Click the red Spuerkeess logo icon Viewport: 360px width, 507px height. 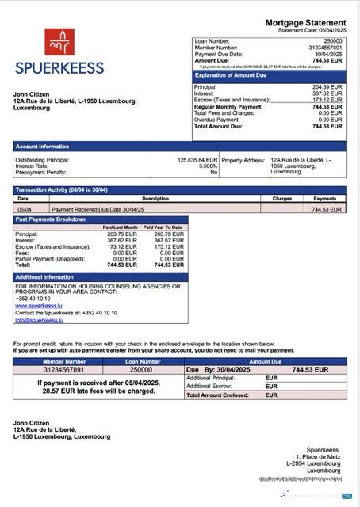click(x=59, y=42)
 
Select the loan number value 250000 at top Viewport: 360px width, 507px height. click(x=333, y=40)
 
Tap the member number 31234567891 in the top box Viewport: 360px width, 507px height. click(x=325, y=48)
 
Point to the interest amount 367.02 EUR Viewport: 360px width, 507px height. click(x=327, y=93)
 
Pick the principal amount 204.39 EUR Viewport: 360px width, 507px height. click(x=327, y=87)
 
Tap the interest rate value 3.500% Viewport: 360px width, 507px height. click(x=208, y=166)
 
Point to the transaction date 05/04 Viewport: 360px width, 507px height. click(x=25, y=209)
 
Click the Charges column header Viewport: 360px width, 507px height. click(x=282, y=199)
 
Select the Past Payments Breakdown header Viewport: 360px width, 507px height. click(x=51, y=219)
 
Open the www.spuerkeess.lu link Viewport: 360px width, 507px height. click(x=39, y=305)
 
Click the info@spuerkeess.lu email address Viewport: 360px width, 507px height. click(x=40, y=319)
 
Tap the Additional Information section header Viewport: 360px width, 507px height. click(x=45, y=276)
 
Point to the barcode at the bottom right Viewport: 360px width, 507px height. click(x=300, y=480)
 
